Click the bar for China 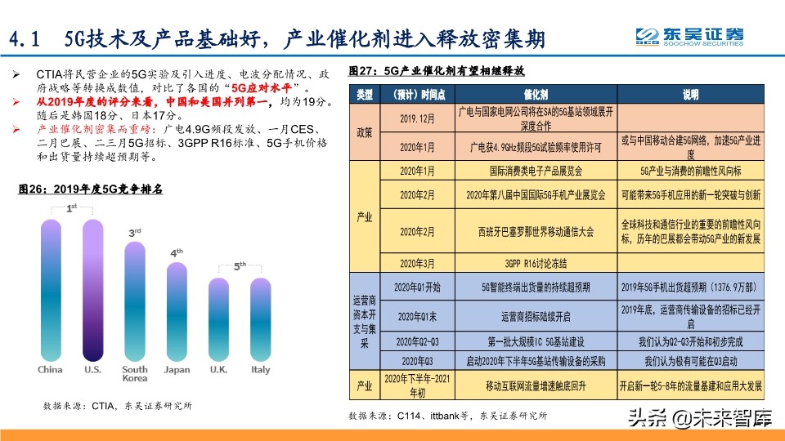point(50,290)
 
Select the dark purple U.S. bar point(92,290)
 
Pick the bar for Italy point(260,319)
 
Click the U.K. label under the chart point(219,370)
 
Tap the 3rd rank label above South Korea point(135,234)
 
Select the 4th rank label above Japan point(177,253)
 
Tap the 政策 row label point(365,131)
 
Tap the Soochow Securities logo point(691,36)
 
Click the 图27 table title point(436,69)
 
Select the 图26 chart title point(91,189)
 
